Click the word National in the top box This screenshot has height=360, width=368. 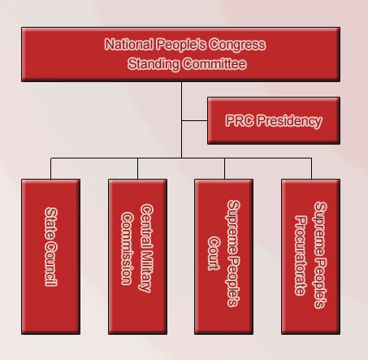point(128,44)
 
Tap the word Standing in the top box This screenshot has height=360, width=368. point(154,64)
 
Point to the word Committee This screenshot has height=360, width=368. point(214,64)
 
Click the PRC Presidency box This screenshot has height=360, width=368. point(274,120)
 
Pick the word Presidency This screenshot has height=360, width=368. point(289,121)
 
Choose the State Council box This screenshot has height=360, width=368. point(50,257)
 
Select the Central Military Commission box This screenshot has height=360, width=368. point(137,257)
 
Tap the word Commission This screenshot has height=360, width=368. point(128,249)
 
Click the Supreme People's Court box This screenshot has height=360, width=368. point(224,257)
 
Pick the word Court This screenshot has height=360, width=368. point(214,254)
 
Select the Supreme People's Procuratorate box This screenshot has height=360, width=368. point(311,257)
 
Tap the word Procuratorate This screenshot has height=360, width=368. point(301,255)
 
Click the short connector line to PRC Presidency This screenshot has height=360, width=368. point(194,120)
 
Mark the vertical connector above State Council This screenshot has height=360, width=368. point(50,168)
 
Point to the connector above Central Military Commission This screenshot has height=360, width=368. point(137,168)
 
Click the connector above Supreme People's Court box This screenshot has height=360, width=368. point(224,168)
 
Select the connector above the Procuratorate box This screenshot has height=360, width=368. point(311,168)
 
